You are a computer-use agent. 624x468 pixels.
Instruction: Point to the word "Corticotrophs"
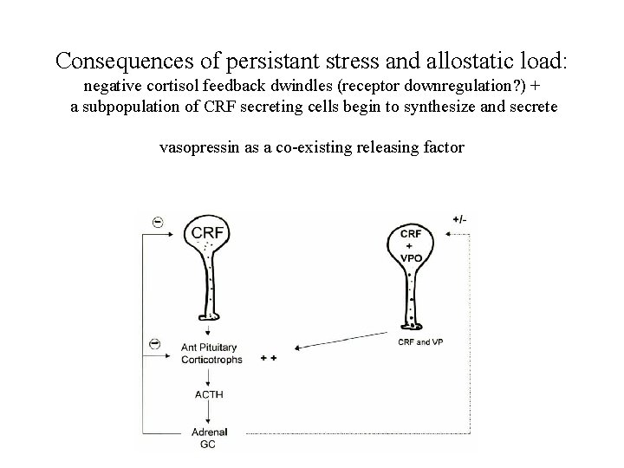click(211, 359)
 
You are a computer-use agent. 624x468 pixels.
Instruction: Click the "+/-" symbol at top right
click(460, 219)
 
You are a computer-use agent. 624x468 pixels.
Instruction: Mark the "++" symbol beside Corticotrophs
click(267, 358)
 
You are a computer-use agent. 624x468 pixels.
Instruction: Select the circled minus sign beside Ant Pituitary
click(155, 344)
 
